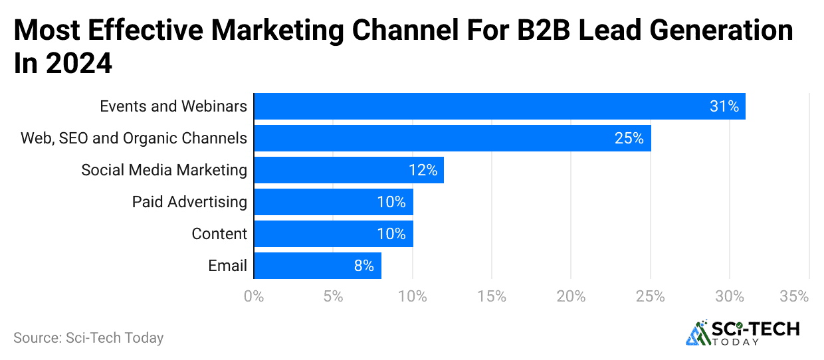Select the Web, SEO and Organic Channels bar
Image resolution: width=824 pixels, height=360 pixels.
click(453, 138)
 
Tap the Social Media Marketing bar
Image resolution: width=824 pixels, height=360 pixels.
click(349, 170)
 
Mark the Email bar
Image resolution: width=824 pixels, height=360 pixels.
click(318, 266)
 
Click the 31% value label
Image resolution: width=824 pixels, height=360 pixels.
click(724, 106)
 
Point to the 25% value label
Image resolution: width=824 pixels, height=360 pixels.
click(629, 138)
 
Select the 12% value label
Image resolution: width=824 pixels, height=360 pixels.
click(423, 170)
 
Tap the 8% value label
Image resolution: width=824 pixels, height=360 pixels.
click(363, 266)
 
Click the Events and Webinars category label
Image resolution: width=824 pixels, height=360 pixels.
click(173, 106)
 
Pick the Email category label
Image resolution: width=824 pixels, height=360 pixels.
click(227, 266)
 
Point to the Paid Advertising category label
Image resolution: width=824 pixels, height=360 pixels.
click(189, 202)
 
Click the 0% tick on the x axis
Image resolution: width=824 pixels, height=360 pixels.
click(254, 296)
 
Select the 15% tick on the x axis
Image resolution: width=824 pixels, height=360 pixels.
click(492, 296)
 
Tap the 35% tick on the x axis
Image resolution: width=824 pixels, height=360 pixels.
click(794, 296)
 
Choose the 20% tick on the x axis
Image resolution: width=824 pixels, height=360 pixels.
click(571, 296)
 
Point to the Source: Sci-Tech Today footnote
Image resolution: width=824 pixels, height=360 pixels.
click(88, 337)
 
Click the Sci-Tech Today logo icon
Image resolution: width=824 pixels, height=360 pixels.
click(698, 333)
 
